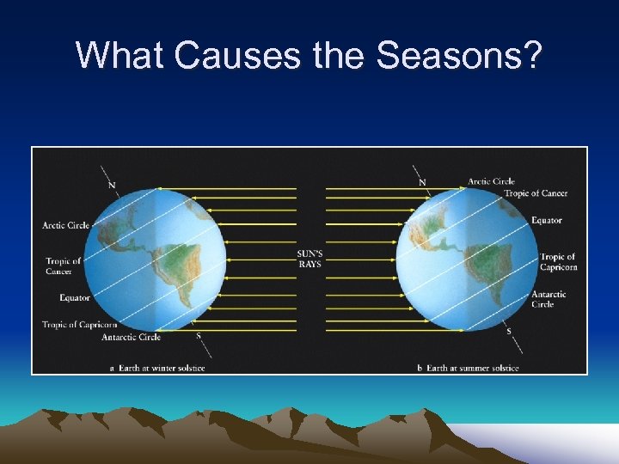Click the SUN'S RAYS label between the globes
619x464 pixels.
coord(309,259)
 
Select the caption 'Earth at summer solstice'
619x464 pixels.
coord(473,368)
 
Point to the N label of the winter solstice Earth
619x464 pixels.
coord(112,185)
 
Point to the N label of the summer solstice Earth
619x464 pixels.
coord(422,182)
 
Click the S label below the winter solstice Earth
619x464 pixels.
coord(199,335)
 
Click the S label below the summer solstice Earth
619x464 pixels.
coord(508,331)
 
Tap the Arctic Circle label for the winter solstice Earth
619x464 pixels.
coord(66,226)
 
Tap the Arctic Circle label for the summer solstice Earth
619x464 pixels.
coord(491,181)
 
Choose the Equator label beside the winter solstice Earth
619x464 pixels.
coord(75,298)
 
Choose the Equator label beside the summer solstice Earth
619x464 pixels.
coord(546,221)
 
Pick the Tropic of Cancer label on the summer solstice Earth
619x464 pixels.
coord(536,193)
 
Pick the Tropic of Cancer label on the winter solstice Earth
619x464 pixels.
coord(63,266)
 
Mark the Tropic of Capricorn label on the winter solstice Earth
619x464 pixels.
coord(79,324)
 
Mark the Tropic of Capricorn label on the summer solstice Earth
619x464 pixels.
coord(558,262)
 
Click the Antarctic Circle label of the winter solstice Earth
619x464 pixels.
coord(131,337)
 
